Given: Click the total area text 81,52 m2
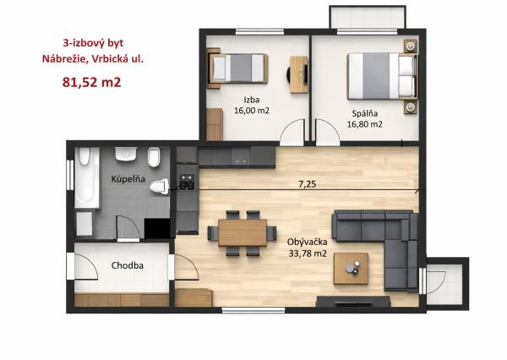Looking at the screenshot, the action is click(91, 82).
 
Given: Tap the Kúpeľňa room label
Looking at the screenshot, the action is click(128, 179).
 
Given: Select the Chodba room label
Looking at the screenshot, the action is click(128, 265).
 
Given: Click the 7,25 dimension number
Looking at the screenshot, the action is click(307, 184).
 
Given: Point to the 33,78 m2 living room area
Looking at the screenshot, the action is click(308, 254).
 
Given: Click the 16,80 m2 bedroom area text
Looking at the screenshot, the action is click(365, 124).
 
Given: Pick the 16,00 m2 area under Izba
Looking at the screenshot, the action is click(252, 111).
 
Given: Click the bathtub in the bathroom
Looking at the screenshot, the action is click(87, 177).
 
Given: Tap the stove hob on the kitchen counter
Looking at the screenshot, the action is click(188, 182).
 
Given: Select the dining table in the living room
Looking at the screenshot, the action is click(243, 232).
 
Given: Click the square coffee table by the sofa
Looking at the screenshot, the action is click(352, 269).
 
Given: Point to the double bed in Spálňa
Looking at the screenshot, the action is click(382, 76).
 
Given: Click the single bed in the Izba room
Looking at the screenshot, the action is click(238, 68).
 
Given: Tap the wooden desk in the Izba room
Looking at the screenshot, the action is click(299, 74).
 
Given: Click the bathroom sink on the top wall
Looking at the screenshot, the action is click(126, 155).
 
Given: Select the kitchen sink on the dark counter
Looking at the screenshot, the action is click(241, 156).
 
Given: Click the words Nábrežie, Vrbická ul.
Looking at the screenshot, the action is click(92, 59).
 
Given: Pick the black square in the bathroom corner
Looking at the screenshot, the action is click(157, 229).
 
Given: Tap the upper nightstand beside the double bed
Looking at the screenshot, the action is click(411, 46).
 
